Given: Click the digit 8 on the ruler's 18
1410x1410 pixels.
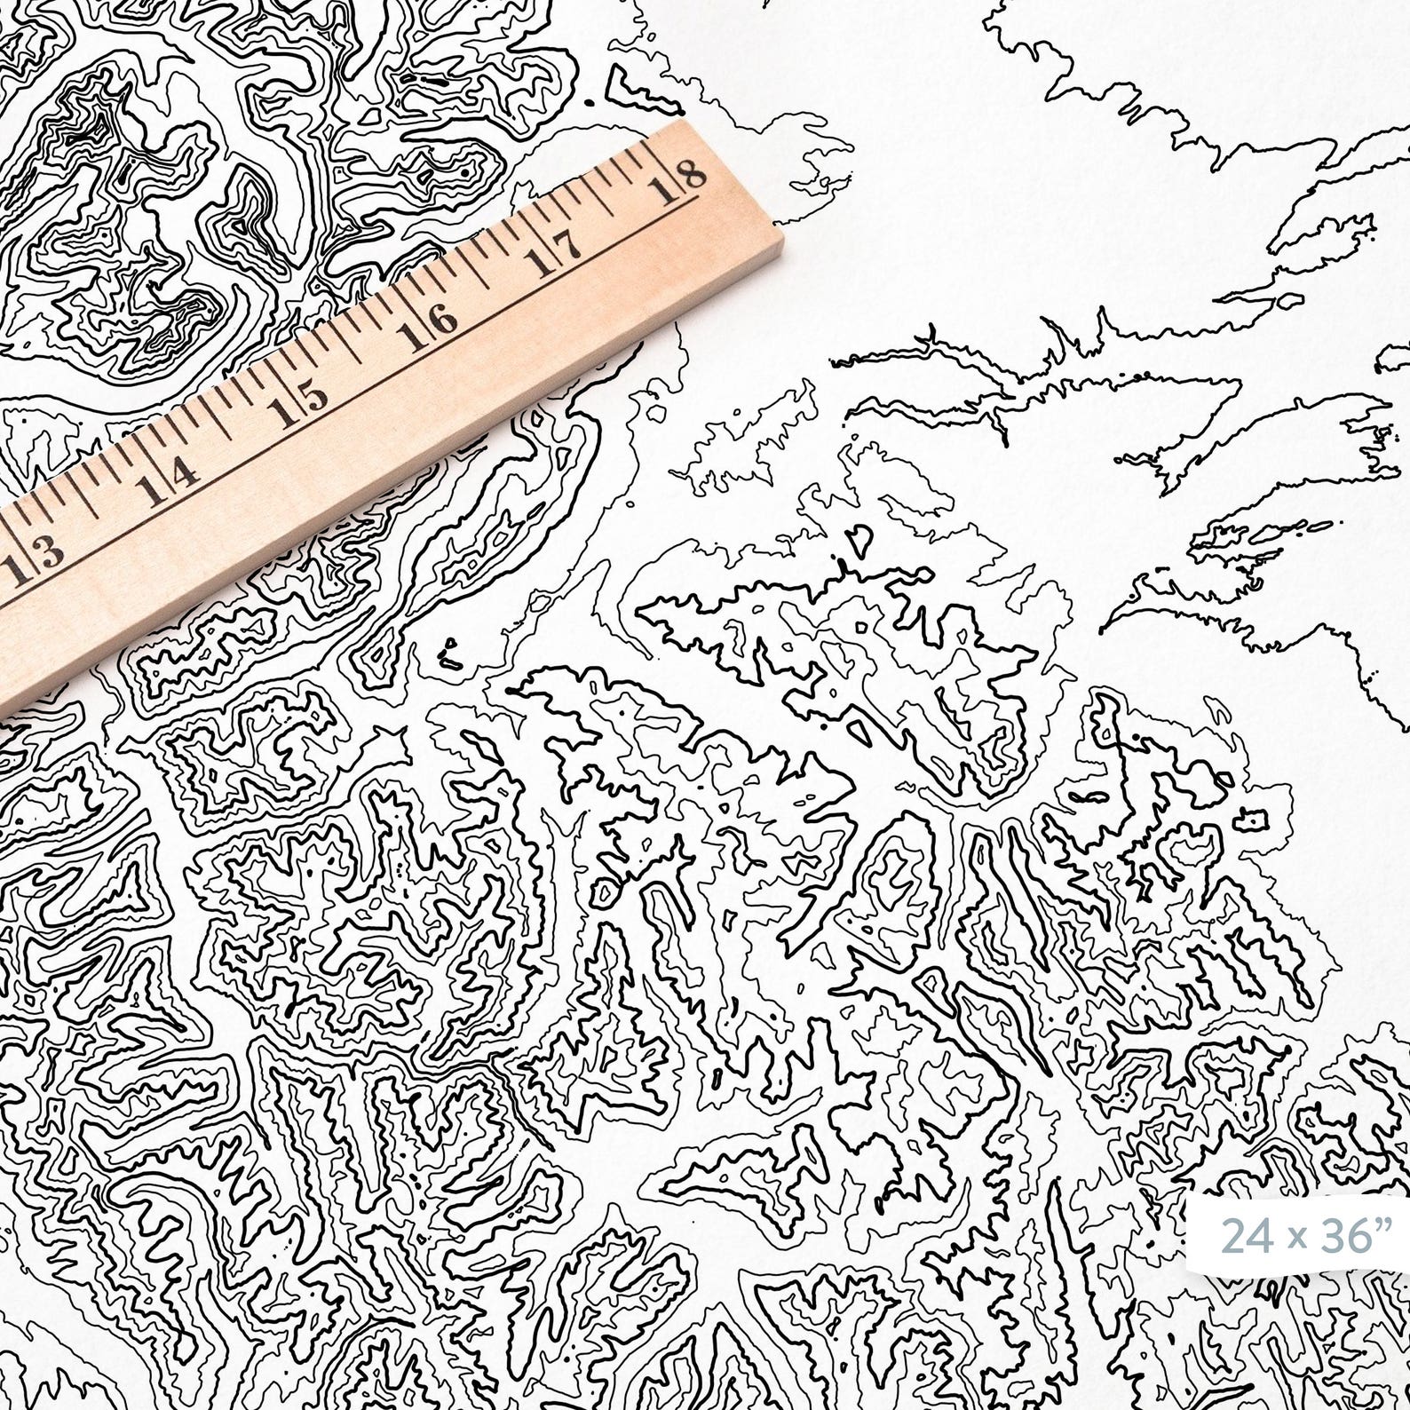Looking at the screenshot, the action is pos(694,170).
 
